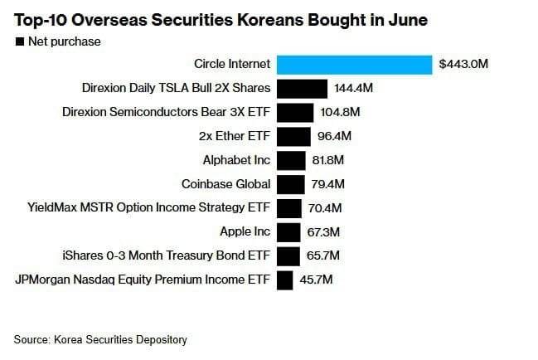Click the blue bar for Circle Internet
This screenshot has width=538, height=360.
[x=354, y=65]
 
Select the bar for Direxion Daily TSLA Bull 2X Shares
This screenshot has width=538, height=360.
[x=301, y=88]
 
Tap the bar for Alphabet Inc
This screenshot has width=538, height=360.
[x=291, y=160]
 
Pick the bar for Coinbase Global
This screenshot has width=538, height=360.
[x=290, y=184]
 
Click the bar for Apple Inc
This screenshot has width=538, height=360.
[x=288, y=232]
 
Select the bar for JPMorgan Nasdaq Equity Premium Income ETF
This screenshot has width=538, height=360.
[x=285, y=280]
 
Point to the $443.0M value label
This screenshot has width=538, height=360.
[x=463, y=65]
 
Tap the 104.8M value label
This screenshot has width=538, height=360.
[x=340, y=112]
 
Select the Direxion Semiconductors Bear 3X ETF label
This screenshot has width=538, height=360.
[x=166, y=112]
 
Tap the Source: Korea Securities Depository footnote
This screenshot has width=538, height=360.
[x=100, y=339]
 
